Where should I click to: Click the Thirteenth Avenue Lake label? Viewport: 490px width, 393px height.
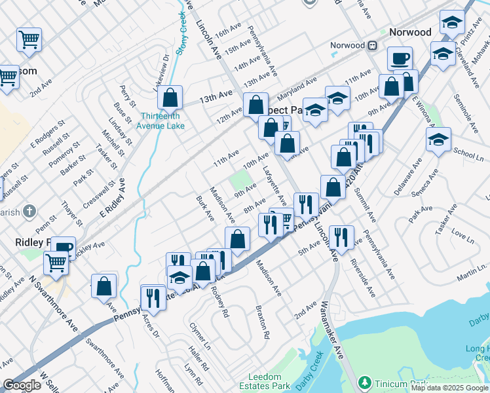(x=162, y=121)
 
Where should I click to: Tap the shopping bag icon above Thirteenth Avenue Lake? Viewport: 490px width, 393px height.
(x=170, y=98)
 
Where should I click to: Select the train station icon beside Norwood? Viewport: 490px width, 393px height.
(x=373, y=46)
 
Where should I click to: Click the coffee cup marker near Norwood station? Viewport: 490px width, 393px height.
(x=400, y=60)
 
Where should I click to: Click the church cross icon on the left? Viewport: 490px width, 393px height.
(x=28, y=211)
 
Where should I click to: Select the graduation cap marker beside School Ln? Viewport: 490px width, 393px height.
(x=438, y=140)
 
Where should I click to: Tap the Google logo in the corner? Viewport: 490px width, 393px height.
(x=22, y=385)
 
